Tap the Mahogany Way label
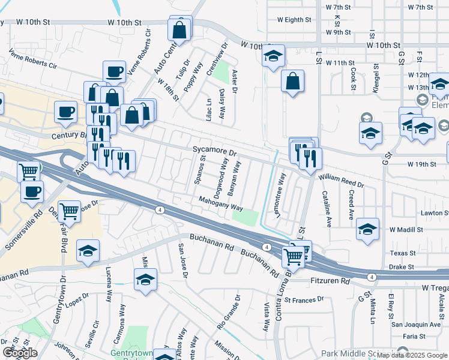pyautogui.click(x=221, y=204)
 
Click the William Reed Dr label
pyautogui.click(x=341, y=182)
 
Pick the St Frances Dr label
pyautogui.click(x=304, y=299)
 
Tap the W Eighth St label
pyautogui.click(x=294, y=19)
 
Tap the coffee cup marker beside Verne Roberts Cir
pyautogui.click(x=114, y=72)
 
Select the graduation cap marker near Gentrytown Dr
pyautogui.click(x=88, y=251)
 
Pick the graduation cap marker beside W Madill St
pyautogui.click(x=367, y=229)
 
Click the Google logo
pyautogui.click(x=20, y=353)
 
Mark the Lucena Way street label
pyautogui.click(x=109, y=284)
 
